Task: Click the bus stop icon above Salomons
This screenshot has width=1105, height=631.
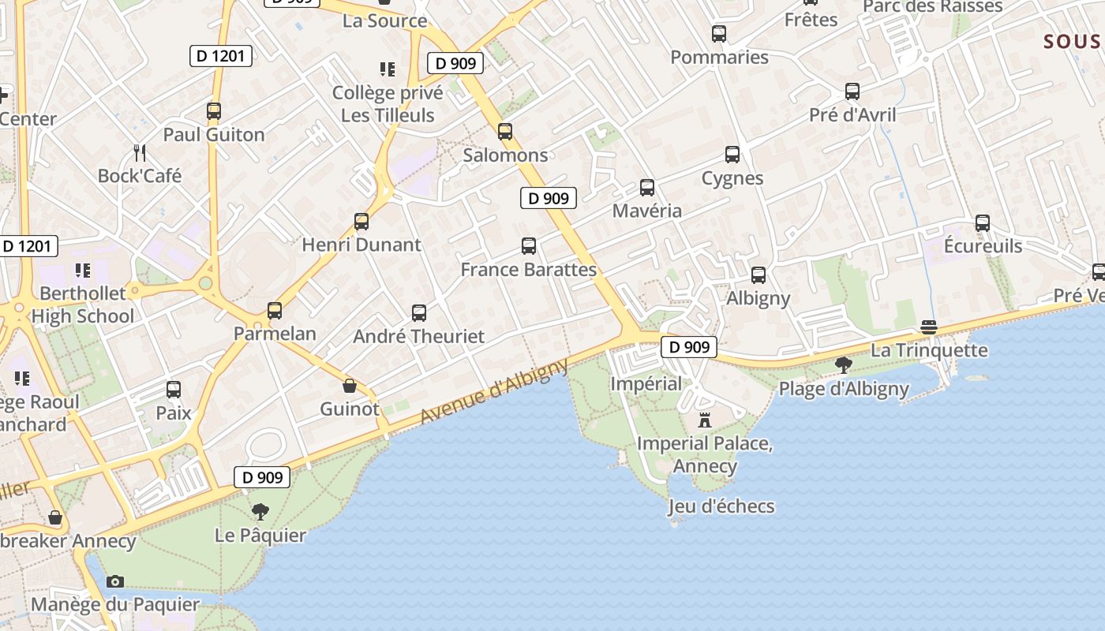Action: pos(505,132)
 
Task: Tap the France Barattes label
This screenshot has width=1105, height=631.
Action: pos(528,270)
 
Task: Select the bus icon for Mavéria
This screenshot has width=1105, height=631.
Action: pos(647,188)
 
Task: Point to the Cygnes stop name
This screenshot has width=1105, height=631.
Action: pos(732,178)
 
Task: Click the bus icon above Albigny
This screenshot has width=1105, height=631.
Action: pos(759,275)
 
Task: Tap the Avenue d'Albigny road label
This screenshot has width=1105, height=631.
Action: pos(495,392)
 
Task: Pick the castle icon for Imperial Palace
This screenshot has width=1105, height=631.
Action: pos(705,420)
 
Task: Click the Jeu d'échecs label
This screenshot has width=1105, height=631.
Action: pos(721,506)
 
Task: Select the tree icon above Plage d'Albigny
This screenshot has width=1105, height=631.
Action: pos(844,364)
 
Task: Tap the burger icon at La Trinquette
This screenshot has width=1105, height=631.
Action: pos(929,327)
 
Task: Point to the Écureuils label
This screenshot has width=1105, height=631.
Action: pos(983,246)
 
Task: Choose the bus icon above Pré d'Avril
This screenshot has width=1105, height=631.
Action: pos(852,91)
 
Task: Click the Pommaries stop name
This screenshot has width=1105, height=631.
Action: pos(719,57)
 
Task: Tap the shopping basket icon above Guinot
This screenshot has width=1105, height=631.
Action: pos(350,386)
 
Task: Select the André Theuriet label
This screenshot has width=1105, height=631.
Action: pos(418,336)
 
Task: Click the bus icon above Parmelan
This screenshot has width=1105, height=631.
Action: pos(275,311)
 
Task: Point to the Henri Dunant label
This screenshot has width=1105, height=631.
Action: pos(361,245)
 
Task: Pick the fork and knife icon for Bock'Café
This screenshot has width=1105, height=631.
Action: pos(140,152)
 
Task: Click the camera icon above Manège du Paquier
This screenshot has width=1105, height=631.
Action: pos(115,581)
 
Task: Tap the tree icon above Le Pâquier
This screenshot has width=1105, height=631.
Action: pos(260,512)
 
